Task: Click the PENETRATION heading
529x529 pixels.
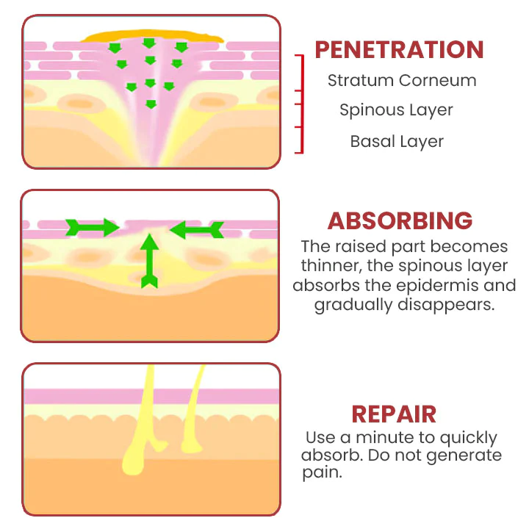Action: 399,49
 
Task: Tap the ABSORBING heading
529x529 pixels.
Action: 400,220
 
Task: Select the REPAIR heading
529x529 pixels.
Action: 394,414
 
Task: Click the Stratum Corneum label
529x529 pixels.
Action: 402,81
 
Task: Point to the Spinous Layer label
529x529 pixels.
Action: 396,110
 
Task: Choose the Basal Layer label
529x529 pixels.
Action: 397,141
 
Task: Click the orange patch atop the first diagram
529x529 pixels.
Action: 152,34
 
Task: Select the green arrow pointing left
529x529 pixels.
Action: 195,230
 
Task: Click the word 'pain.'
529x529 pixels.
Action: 323,473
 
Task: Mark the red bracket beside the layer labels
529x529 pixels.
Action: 300,103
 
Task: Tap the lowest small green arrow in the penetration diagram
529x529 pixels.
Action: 151,104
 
